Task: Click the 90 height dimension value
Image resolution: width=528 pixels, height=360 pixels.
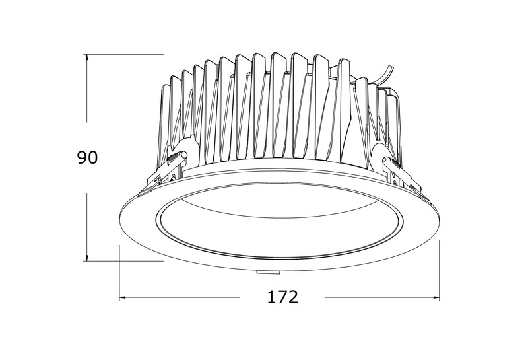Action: [87, 157]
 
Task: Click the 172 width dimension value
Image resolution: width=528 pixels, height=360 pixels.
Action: [283, 297]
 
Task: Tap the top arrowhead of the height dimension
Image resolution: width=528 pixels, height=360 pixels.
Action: [87, 58]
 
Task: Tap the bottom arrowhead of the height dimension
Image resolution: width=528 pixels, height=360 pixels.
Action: [87, 257]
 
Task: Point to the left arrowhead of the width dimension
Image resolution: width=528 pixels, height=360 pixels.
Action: [123, 297]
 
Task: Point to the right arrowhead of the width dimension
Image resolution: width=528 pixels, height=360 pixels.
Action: [436, 297]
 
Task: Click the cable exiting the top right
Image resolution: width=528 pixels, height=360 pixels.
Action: [384, 76]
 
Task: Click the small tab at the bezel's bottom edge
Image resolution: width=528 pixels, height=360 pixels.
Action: [268, 271]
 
